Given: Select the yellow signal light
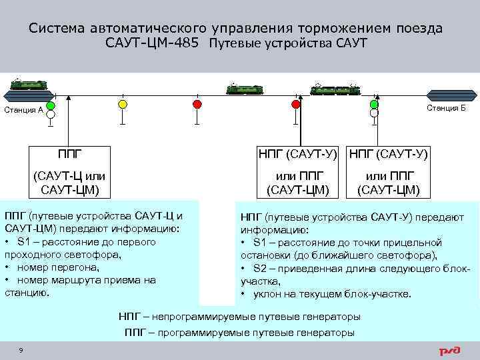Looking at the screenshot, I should click(x=122, y=105).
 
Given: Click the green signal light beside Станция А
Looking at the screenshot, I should click(x=51, y=105).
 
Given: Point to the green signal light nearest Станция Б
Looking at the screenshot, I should click(x=374, y=104).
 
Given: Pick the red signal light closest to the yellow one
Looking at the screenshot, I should click(x=197, y=105).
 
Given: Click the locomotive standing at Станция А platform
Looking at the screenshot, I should click(x=29, y=84).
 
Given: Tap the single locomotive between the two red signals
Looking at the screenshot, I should click(x=241, y=89).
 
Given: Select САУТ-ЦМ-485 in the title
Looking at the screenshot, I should click(x=153, y=43).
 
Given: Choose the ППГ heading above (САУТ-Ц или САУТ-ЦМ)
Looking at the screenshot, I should click(x=69, y=153).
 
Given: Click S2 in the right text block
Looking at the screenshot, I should click(x=259, y=268).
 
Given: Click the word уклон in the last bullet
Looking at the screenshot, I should click(x=268, y=294).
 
